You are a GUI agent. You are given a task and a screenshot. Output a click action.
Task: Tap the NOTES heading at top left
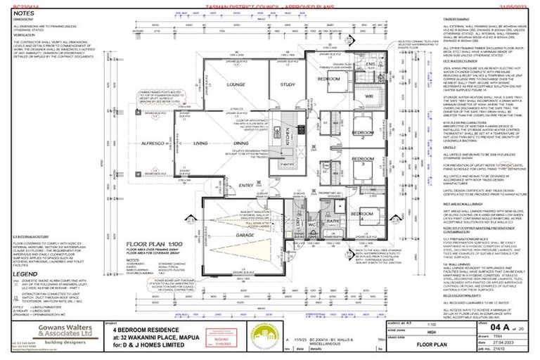(x=22, y=13)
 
